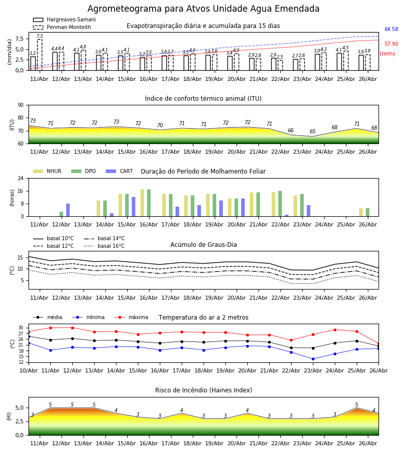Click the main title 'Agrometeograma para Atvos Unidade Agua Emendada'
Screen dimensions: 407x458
point(203,9)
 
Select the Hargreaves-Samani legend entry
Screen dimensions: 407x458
point(64,19)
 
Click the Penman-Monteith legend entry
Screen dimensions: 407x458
point(62,27)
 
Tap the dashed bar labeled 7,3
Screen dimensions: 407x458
point(40,54)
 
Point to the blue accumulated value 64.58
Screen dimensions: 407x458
point(391,29)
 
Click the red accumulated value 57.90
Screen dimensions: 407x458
point(391,44)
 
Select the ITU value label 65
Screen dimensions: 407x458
point(313,131)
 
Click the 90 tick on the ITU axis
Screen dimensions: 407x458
point(21,105)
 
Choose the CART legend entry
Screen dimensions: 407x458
point(120,171)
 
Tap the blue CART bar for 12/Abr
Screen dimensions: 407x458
point(68,210)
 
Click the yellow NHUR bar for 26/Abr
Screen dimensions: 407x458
point(361,212)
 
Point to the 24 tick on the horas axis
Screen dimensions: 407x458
point(21,178)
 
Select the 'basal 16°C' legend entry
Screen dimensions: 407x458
point(104,246)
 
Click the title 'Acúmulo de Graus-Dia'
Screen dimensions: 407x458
point(203,244)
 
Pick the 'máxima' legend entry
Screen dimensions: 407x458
point(131,317)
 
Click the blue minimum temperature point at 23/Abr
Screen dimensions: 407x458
point(313,359)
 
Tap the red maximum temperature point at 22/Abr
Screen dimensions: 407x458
point(291,340)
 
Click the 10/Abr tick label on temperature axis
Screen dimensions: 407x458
point(28,370)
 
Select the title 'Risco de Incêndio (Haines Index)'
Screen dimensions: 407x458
point(203,390)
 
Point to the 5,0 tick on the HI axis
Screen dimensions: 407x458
point(19,408)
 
